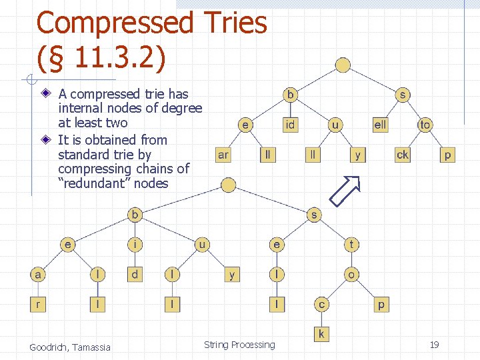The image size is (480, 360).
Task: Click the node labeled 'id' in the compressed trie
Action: tap(291, 125)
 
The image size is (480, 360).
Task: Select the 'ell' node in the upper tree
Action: tap(380, 125)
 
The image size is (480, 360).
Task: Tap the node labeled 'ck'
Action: tap(403, 155)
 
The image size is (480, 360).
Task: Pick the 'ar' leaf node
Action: tap(223, 155)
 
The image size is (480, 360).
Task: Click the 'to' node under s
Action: tap(425, 125)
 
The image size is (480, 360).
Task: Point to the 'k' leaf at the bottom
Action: tap(321, 333)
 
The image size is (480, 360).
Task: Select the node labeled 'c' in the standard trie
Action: tap(321, 305)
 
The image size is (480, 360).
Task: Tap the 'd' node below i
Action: tap(135, 274)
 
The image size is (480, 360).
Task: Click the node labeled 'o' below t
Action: tap(351, 274)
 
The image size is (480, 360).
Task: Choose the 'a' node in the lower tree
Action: tap(38, 274)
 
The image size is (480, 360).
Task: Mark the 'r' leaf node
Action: tap(38, 305)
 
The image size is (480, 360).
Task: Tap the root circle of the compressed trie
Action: tap(343, 65)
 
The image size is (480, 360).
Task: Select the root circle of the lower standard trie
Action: tap(228, 185)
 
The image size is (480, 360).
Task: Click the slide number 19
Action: tap(434, 345)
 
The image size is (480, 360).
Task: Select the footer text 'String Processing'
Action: tap(239, 345)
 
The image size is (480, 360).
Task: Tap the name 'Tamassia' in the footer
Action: tap(91, 347)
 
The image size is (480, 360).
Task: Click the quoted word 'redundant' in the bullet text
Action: tap(95, 183)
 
